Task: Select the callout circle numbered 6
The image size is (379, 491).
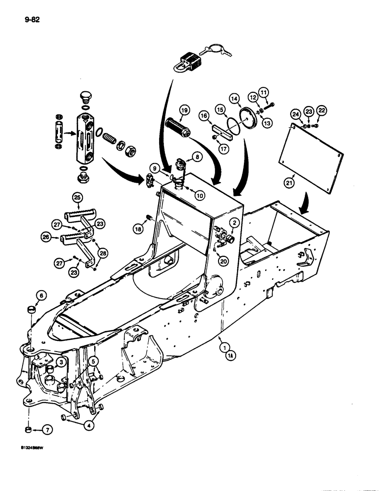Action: click(x=41, y=295)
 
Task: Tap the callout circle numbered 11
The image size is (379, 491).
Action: click(x=265, y=92)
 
